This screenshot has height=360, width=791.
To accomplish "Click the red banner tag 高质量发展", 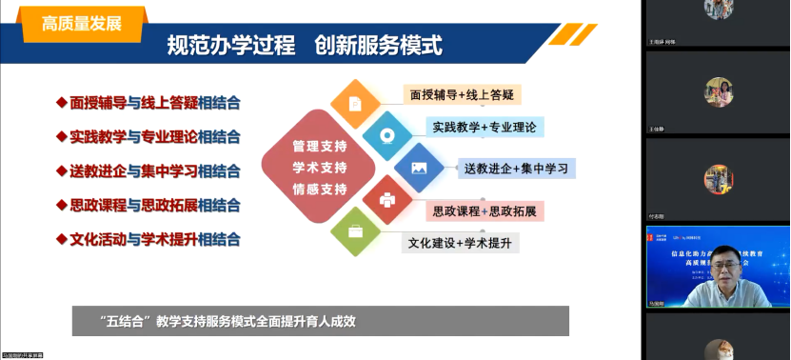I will coord(82,24).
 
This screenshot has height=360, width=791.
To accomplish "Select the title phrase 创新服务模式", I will coord(378,46).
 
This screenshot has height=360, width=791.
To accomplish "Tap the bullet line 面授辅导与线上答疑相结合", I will coord(155,102).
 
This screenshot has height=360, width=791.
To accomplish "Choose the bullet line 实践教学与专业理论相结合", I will coord(155,136).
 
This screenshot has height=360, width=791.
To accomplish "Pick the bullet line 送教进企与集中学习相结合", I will coord(155,170).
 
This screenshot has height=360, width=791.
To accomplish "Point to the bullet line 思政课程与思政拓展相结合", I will coord(155,205).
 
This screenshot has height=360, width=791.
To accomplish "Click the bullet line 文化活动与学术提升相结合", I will coord(155,239).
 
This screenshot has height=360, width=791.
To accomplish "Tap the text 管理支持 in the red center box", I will coord(320,148).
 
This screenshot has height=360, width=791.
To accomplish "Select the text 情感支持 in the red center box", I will coord(320,190).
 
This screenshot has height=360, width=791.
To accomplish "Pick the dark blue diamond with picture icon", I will coord(419,168).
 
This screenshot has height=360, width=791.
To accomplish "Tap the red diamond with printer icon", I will coord(386,200).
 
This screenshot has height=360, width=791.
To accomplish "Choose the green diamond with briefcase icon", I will coord(354,231).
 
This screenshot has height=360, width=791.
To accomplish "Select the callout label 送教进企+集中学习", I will coord(515,169).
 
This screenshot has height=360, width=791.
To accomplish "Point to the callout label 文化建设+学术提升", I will coord(460,243).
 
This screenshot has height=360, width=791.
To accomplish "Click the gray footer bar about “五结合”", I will coord(320,320).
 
